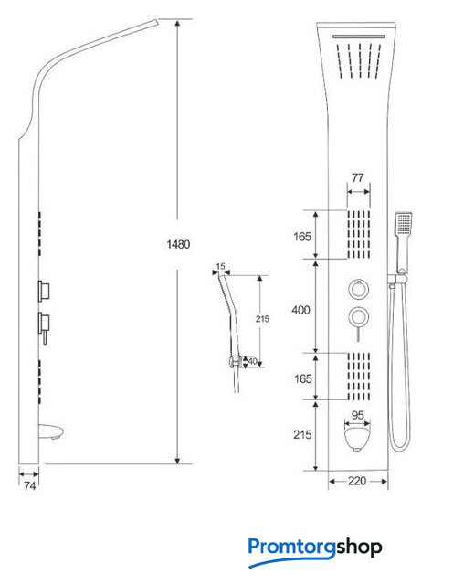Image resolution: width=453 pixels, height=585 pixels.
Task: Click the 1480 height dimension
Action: click(x=178, y=244)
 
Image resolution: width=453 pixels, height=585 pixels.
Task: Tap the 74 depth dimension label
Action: click(x=30, y=485)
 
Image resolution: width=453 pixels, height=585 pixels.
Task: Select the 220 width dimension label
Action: click(x=357, y=481)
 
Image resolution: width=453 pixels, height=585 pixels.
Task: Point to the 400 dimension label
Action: click(x=300, y=310)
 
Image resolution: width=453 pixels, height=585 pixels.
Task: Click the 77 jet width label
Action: click(x=357, y=178)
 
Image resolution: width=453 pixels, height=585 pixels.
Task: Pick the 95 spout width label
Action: click(x=357, y=415)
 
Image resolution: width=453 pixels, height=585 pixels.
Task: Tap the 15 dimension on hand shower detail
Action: click(x=221, y=266)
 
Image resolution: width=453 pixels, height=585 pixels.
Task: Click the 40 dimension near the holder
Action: click(x=252, y=361)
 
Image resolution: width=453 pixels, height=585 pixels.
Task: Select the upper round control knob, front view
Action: click(x=359, y=289)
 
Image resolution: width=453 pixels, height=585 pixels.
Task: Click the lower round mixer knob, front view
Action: click(x=359, y=317)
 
